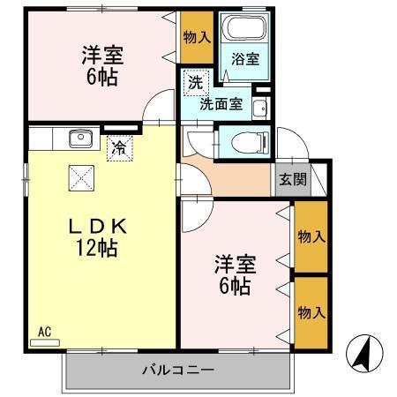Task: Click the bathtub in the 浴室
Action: point(244,27)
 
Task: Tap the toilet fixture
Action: point(251,143)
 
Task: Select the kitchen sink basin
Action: point(80,139)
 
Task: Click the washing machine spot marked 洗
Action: point(196,83)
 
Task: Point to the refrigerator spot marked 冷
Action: point(120,148)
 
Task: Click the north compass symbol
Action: point(364,353)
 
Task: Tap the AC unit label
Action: point(45,332)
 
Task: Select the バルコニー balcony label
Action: point(178,370)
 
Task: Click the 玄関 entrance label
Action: point(293,179)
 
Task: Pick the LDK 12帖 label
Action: point(97,237)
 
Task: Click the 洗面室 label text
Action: point(221,104)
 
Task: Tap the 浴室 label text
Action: point(245,59)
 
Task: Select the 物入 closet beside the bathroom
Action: point(197,37)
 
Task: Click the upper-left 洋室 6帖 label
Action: point(102,66)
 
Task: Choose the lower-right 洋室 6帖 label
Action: point(235,275)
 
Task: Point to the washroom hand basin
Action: point(260,109)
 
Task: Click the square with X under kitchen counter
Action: point(81,178)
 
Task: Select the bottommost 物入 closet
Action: point(311,313)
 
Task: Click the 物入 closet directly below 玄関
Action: point(311,236)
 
